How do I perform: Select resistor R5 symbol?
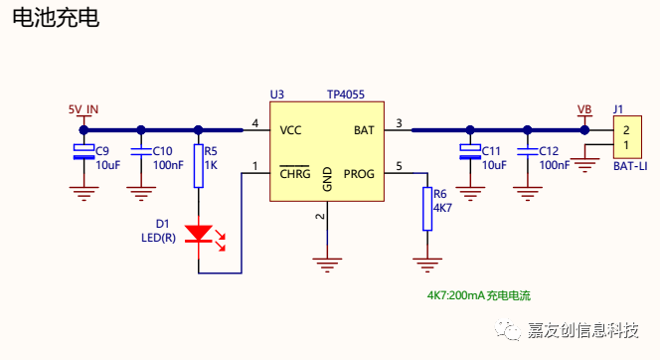tap(199, 166)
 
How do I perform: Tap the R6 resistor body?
tap(427, 209)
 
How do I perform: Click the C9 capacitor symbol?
tap(83, 151)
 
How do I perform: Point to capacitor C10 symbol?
tap(141, 151)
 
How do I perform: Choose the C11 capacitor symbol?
tap(470, 151)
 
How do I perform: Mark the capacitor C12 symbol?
tap(528, 151)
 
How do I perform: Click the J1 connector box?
tap(627, 137)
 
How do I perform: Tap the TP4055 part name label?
tap(346, 94)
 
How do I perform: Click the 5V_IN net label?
tap(83, 109)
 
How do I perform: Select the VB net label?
tap(584, 110)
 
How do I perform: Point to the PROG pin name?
tap(359, 174)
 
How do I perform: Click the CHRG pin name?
tap(295, 173)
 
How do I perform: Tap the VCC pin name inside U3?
tap(291, 130)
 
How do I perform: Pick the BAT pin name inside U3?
tap(364, 130)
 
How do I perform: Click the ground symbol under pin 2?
tap(327, 266)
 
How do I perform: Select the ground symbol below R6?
tap(427, 266)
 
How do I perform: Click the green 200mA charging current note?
tap(479, 295)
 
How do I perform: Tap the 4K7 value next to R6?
tap(442, 208)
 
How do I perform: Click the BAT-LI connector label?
tap(630, 166)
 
